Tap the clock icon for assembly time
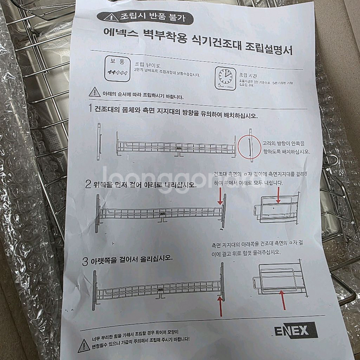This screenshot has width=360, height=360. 224,75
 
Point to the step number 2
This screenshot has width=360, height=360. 88,183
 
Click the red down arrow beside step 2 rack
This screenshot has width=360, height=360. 222,196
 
